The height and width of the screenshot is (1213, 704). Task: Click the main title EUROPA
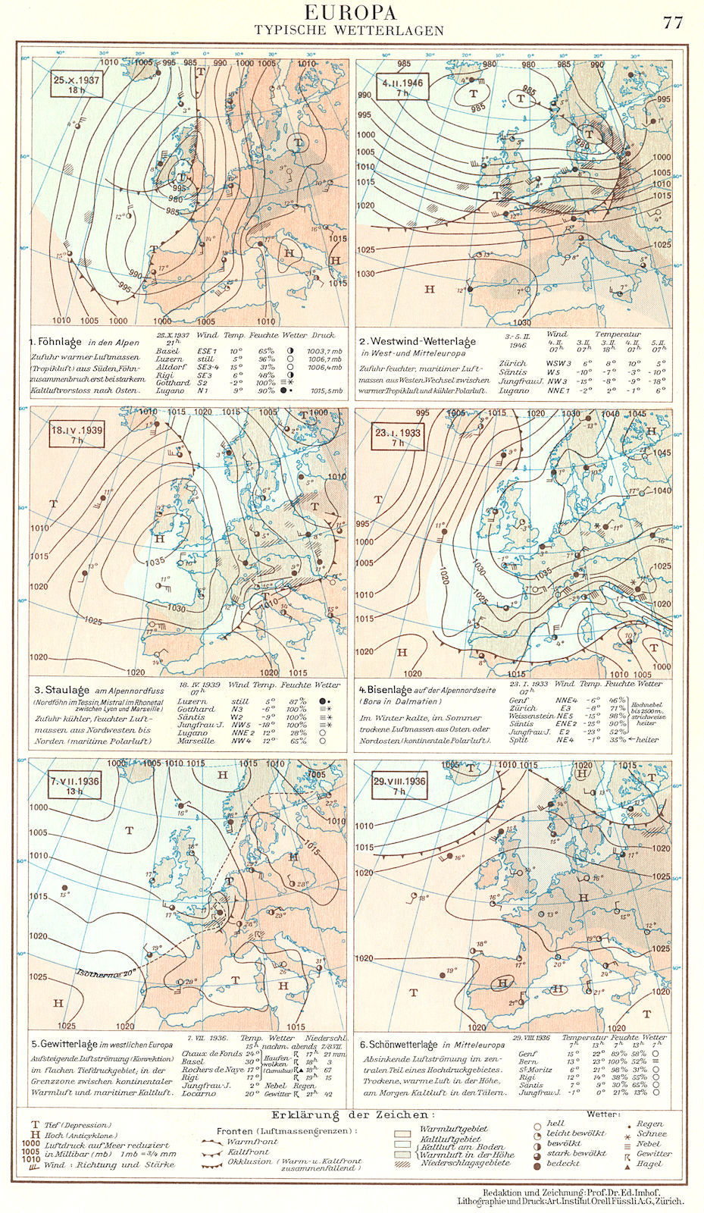tap(350, 13)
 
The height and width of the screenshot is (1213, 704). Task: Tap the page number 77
tap(673, 23)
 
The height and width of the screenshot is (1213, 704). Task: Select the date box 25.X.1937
tap(77, 83)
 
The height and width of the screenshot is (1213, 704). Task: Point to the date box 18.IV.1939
tap(77, 434)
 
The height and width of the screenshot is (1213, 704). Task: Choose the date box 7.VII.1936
tap(76, 785)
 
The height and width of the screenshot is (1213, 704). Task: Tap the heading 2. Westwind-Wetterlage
tap(418, 341)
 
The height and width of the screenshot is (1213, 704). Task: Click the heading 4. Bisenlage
tap(386, 690)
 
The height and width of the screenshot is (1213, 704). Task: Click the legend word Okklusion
tap(248, 1161)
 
